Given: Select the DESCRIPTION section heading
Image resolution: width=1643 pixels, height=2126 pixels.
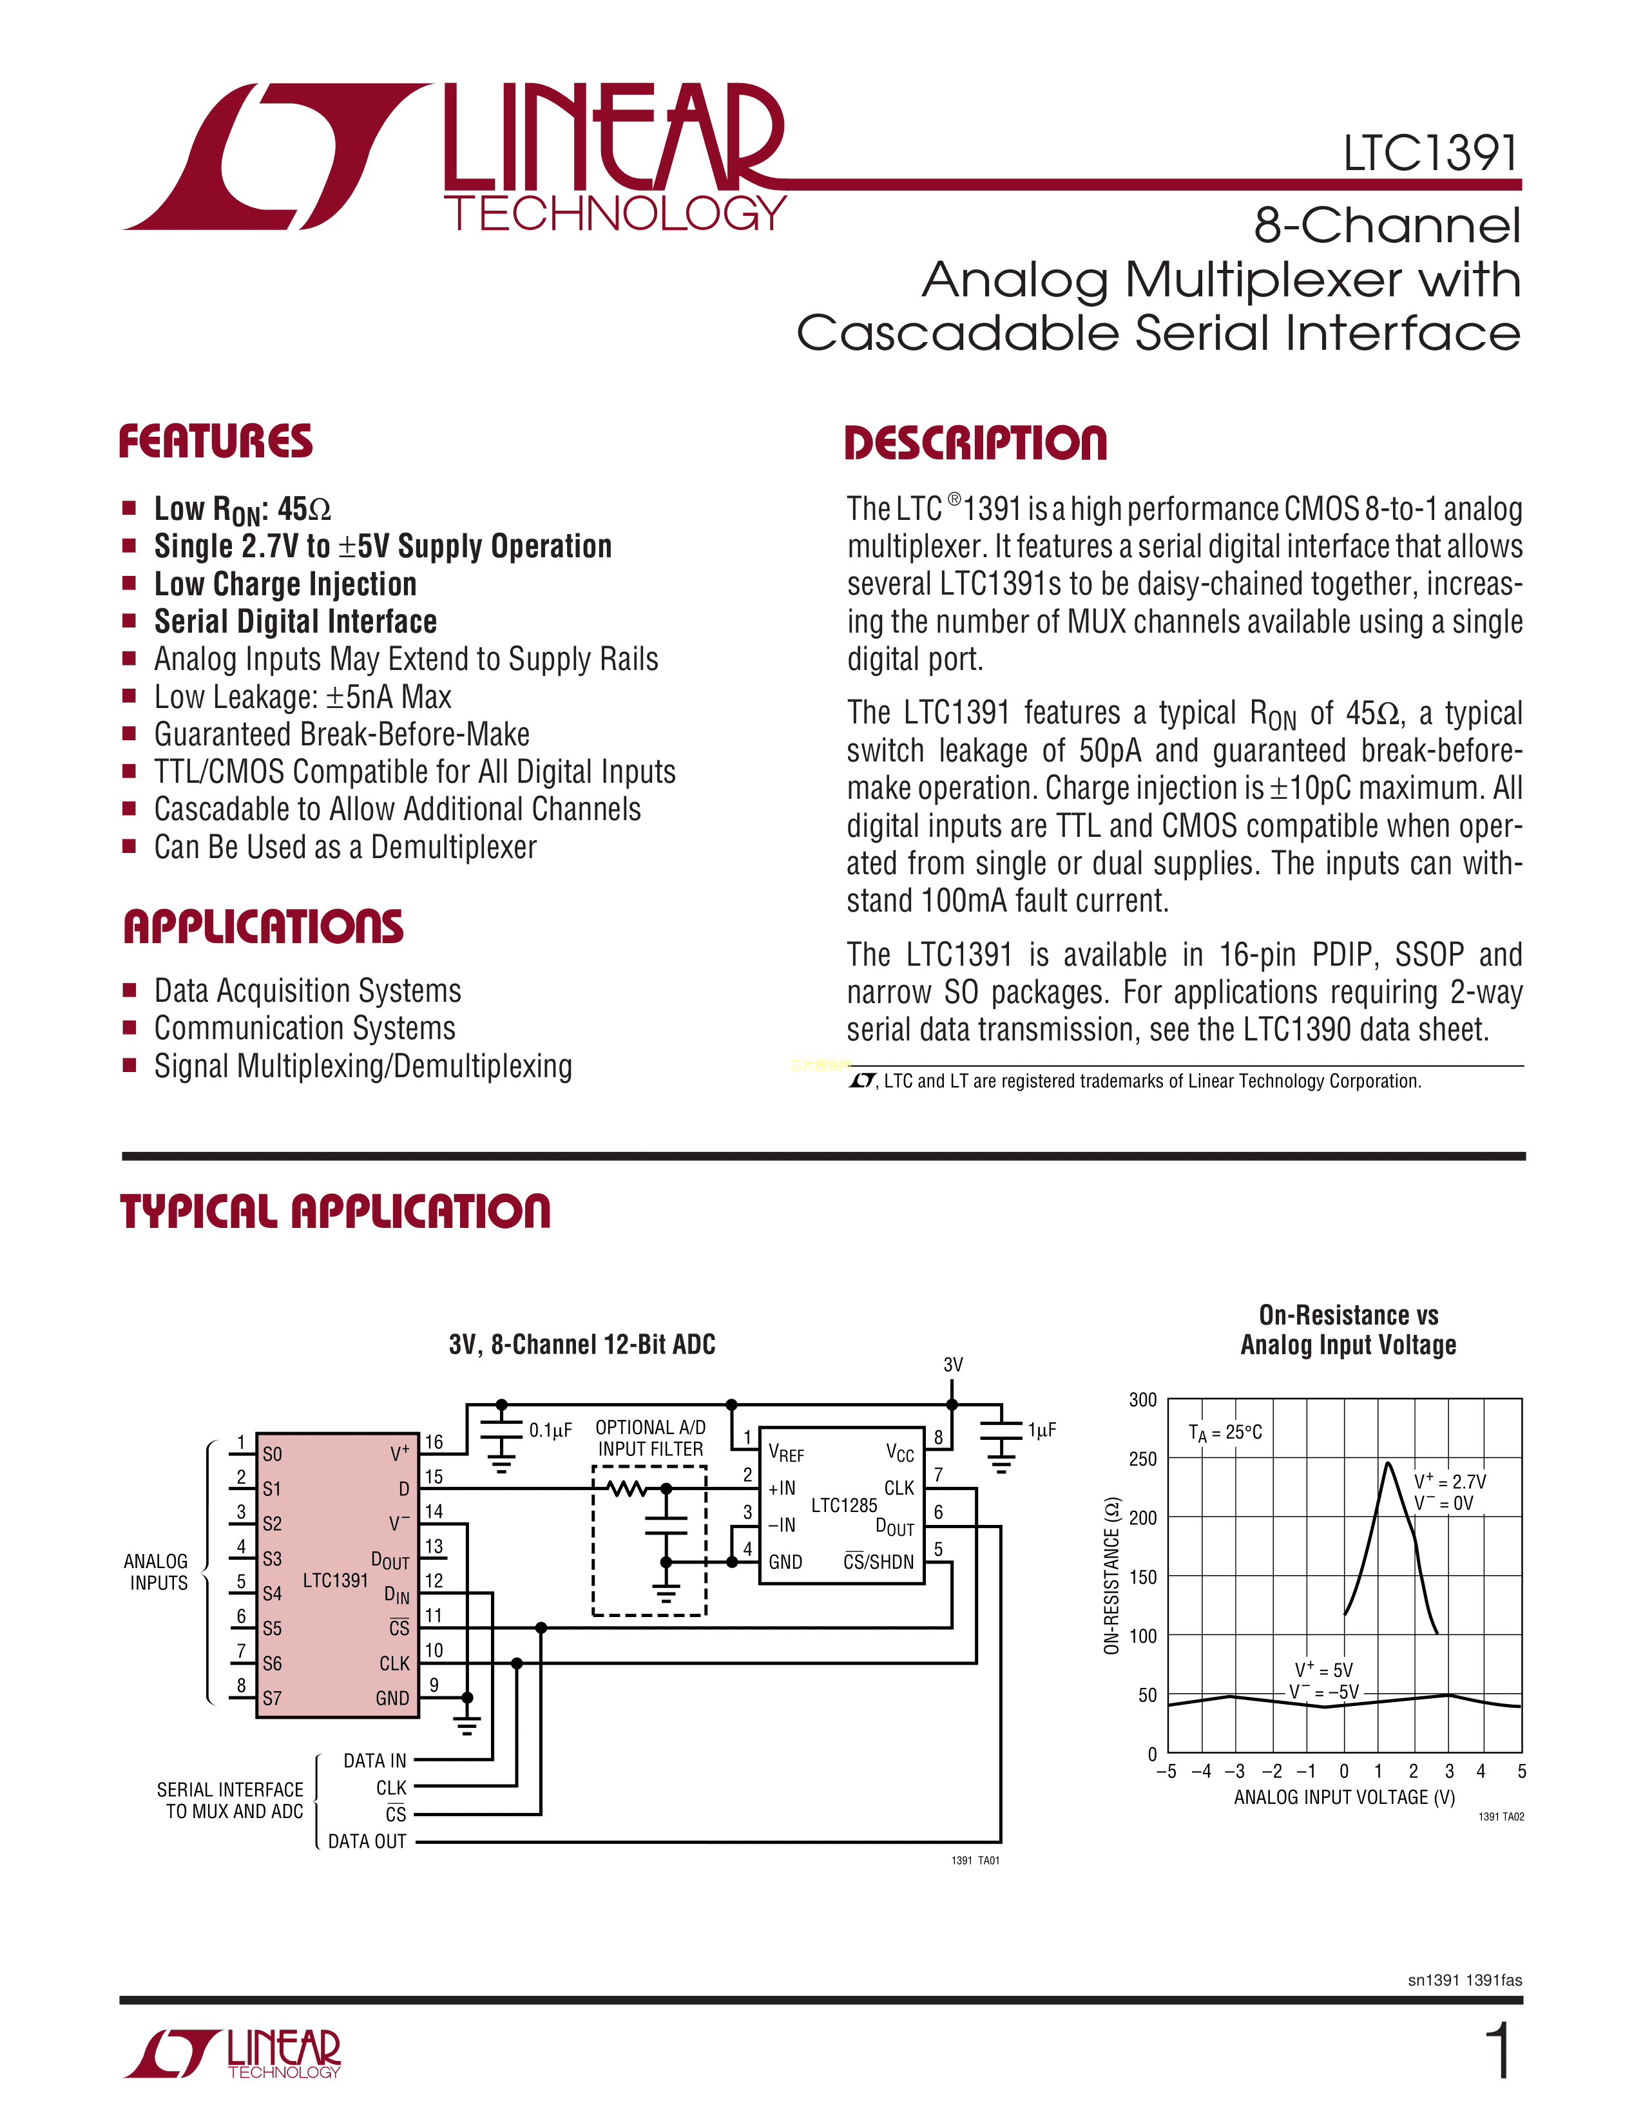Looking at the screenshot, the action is point(975,443).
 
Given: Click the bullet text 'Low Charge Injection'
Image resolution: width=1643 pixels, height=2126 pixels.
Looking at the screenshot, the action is point(285,584).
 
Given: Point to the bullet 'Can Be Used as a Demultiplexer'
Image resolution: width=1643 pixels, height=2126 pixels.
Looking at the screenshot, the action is point(345,847).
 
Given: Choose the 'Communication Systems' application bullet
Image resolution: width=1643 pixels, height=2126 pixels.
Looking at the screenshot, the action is point(305,1028).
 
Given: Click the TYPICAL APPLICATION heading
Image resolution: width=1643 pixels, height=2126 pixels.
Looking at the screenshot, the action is point(335,1212).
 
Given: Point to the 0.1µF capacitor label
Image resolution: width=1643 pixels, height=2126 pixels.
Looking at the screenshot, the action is point(550,1430).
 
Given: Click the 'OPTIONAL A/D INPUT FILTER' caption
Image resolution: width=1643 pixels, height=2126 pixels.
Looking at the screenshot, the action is point(650,1438).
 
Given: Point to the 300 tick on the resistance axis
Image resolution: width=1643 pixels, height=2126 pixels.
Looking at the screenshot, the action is point(1143,1400).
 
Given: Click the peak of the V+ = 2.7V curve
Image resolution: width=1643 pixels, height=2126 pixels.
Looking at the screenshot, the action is point(1388,1463).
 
